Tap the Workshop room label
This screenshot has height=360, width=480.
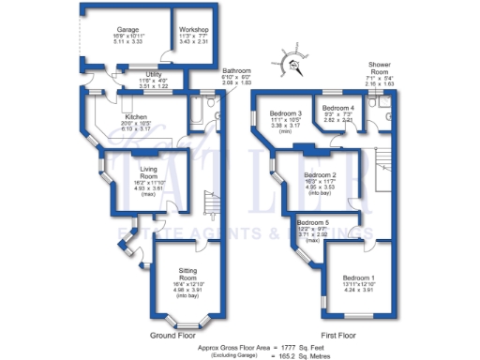click(x=194, y=30)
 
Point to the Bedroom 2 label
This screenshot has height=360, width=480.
click(x=321, y=174)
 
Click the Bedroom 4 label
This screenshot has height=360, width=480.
click(x=337, y=109)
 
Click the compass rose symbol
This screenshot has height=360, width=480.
click(x=294, y=65)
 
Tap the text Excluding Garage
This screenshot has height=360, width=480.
click(x=231, y=355)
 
